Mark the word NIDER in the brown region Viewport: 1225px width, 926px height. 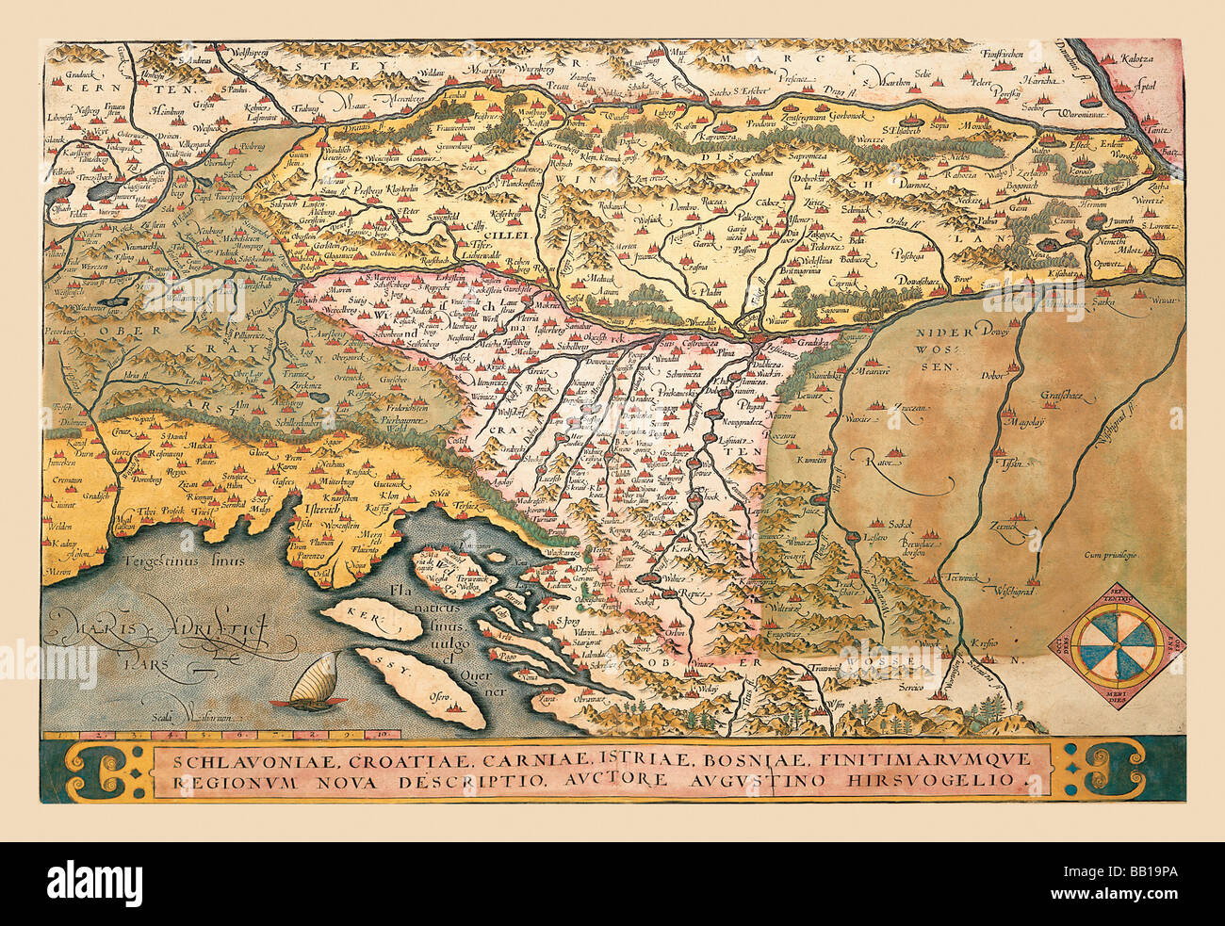[941, 333]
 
